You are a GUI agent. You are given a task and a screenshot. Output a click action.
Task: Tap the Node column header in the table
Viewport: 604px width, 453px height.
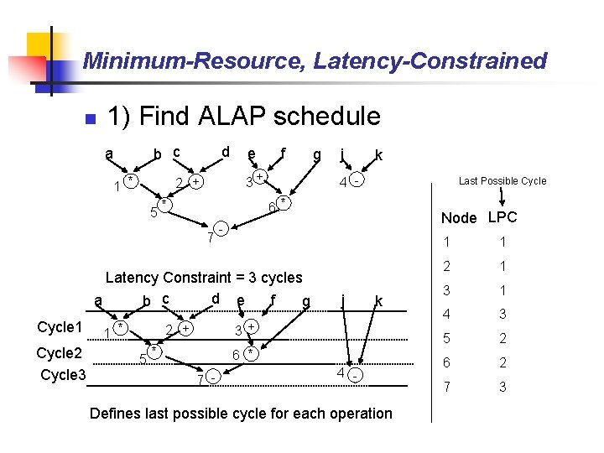coord(459,218)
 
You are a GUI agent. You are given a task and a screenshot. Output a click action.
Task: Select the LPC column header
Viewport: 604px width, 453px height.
coord(502,217)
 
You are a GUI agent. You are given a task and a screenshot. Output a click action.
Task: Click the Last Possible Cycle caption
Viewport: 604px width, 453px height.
coord(502,181)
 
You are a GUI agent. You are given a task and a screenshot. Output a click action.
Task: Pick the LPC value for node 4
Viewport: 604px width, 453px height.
coord(502,315)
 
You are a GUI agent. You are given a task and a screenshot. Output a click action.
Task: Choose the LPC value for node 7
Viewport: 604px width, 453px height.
coord(502,388)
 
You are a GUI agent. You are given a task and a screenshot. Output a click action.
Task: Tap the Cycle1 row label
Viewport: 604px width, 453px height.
coord(60,327)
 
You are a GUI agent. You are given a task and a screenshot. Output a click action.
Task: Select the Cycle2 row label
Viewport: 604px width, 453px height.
coord(60,352)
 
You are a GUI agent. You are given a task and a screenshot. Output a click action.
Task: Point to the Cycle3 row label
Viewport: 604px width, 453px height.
coord(64,374)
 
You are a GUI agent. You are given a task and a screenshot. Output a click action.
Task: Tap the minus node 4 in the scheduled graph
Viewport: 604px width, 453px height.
coord(356,374)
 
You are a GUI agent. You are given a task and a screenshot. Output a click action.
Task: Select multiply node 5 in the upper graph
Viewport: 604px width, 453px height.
coord(165,204)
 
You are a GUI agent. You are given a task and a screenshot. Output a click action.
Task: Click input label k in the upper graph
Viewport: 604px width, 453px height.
coord(379,155)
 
